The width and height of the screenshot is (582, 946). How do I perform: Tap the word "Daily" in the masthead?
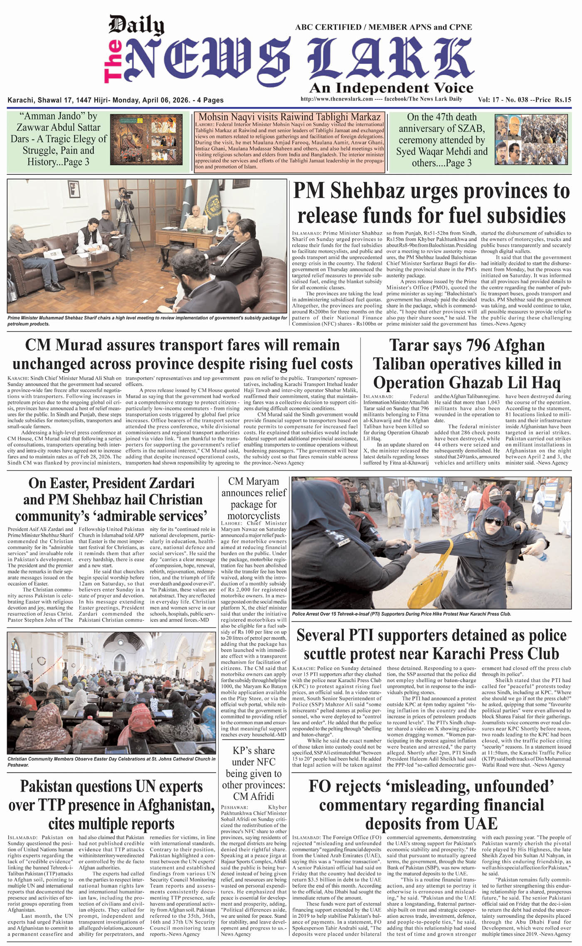(136, 26)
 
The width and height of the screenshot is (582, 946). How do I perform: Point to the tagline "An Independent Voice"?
(391, 88)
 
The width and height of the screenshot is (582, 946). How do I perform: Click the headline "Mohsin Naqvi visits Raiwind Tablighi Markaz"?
(289, 117)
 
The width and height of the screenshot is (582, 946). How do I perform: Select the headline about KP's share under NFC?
(254, 773)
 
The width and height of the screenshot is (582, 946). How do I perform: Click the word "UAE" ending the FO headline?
(478, 824)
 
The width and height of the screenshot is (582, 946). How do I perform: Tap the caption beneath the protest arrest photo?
(402, 614)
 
